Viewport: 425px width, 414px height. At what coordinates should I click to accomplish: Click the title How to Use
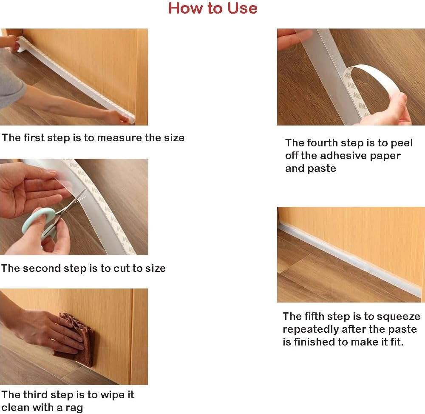(213, 8)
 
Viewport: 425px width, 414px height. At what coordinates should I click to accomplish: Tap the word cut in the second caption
(122, 268)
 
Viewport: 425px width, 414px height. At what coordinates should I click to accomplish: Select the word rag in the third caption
(74, 408)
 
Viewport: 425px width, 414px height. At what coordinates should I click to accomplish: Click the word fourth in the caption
(322, 143)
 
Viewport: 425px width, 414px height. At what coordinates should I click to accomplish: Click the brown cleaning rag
(77, 339)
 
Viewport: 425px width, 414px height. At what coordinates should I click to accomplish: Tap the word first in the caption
(34, 138)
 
